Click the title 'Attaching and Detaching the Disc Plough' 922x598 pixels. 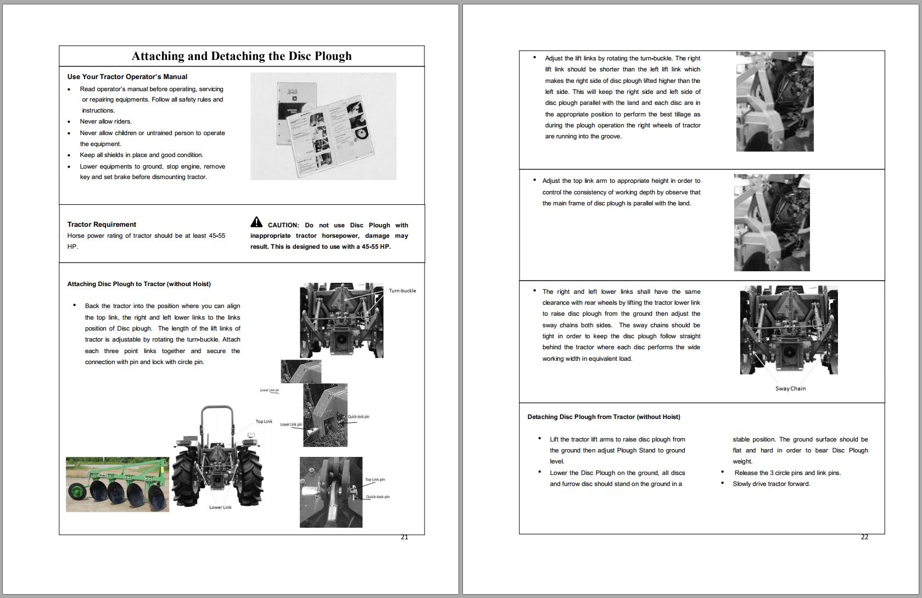click(242, 56)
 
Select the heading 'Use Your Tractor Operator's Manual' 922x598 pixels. click(127, 77)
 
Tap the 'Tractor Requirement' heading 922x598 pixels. click(102, 225)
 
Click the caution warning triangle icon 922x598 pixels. click(256, 222)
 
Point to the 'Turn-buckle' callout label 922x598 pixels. click(402, 291)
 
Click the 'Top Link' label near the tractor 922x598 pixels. click(264, 422)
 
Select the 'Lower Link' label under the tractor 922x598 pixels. click(220, 507)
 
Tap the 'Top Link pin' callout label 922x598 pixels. click(375, 480)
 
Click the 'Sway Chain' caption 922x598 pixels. click(790, 389)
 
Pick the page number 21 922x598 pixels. click(404, 538)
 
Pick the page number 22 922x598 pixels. click(864, 538)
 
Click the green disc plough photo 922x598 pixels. click(118, 484)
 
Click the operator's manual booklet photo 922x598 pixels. click(323, 126)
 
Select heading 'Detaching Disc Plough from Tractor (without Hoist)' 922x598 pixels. click(604, 417)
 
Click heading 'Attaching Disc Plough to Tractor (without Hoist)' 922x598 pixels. click(139, 284)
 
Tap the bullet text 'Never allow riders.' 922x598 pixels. click(105, 121)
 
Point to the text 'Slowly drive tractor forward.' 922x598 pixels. click(771, 484)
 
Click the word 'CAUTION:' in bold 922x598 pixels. click(283, 225)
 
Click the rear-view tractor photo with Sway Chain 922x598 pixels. click(789, 330)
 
